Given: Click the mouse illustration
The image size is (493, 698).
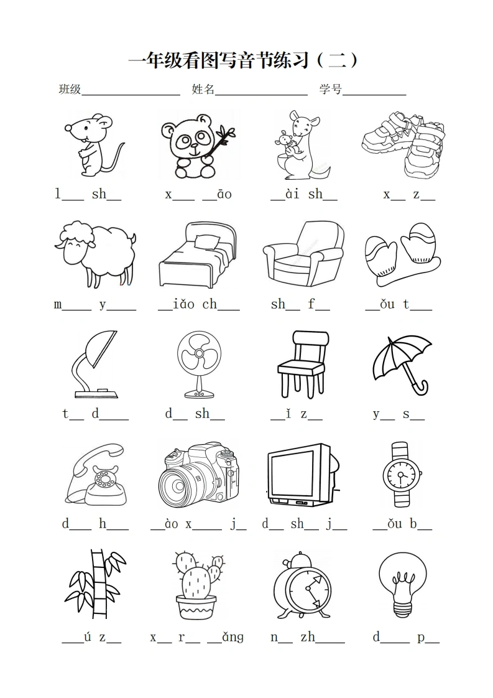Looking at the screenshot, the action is pos(94,145).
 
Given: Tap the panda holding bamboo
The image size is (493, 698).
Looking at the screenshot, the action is pos(198,146).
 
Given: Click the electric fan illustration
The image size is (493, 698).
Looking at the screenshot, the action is pos(199,365).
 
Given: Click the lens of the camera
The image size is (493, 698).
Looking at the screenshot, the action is pos(178,485).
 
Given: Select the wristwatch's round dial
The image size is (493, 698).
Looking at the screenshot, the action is pos(402,475).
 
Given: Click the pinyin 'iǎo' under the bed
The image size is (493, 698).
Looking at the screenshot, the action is pos(184,304).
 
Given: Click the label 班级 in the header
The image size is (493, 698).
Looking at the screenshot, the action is pos(70,89).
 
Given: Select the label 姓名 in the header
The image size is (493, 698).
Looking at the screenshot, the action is pos(203,89).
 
